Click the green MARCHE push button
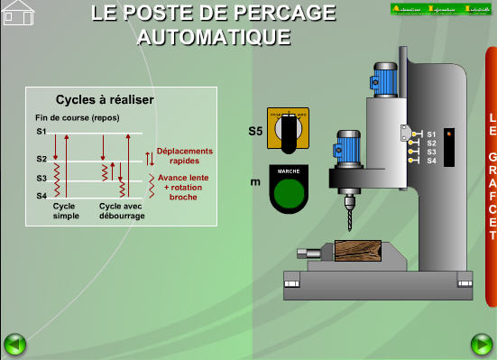pyautogui.click(x=289, y=194)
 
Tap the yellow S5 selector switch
pyautogui.click(x=288, y=131)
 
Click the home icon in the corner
pyautogui.click(x=18, y=13)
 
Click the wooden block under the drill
pyautogui.click(x=357, y=250)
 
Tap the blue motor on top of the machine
pyautogui.click(x=387, y=81)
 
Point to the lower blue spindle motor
pyautogui.click(x=350, y=147)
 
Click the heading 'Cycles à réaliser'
pyautogui.click(x=105, y=100)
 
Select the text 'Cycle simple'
pyautogui.click(x=66, y=211)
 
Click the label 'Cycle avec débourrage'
pyautogui.click(x=122, y=211)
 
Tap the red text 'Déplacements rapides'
pyautogui.click(x=184, y=156)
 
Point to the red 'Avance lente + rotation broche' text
pyautogui.click(x=183, y=187)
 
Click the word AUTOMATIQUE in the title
pyautogui.click(x=214, y=37)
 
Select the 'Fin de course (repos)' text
pyautogui.click(x=77, y=117)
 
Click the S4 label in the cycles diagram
pyautogui.click(x=41, y=195)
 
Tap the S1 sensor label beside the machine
pyautogui.click(x=431, y=134)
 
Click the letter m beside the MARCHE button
pyautogui.click(x=255, y=182)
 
